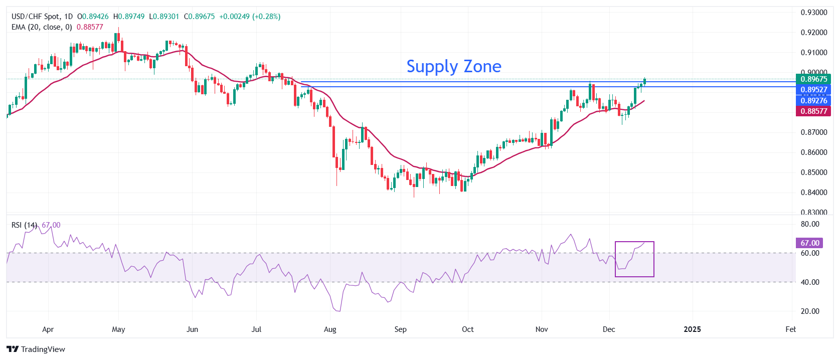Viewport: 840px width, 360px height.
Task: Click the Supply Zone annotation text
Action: (x=453, y=66)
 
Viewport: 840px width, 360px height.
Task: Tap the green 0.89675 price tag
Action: (x=813, y=79)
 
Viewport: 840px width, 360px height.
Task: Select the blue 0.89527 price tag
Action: (x=813, y=90)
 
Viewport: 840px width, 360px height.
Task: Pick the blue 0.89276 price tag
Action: (x=813, y=101)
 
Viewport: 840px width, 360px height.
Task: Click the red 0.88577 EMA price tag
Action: (x=813, y=111)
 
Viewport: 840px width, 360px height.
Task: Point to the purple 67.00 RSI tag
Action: (x=809, y=243)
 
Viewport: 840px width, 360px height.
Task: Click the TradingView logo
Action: (x=36, y=349)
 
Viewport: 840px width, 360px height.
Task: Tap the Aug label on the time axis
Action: (x=330, y=329)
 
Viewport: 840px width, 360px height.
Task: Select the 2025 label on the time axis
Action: (x=693, y=329)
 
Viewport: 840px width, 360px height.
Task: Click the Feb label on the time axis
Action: (x=790, y=329)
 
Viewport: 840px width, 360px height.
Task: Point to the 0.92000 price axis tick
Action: (x=813, y=33)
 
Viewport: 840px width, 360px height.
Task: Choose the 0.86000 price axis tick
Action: (x=813, y=152)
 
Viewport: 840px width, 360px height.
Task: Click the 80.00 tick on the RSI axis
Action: (x=810, y=224)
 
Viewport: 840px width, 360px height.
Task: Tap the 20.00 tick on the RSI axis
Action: (x=810, y=311)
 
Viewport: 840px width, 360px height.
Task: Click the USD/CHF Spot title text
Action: (x=36, y=17)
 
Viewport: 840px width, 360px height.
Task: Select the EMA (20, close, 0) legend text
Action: (x=42, y=27)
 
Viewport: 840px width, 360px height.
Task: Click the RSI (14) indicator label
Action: (x=24, y=225)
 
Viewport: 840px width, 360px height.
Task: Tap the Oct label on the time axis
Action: (x=467, y=329)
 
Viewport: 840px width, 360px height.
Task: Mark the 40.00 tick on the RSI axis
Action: (x=810, y=282)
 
